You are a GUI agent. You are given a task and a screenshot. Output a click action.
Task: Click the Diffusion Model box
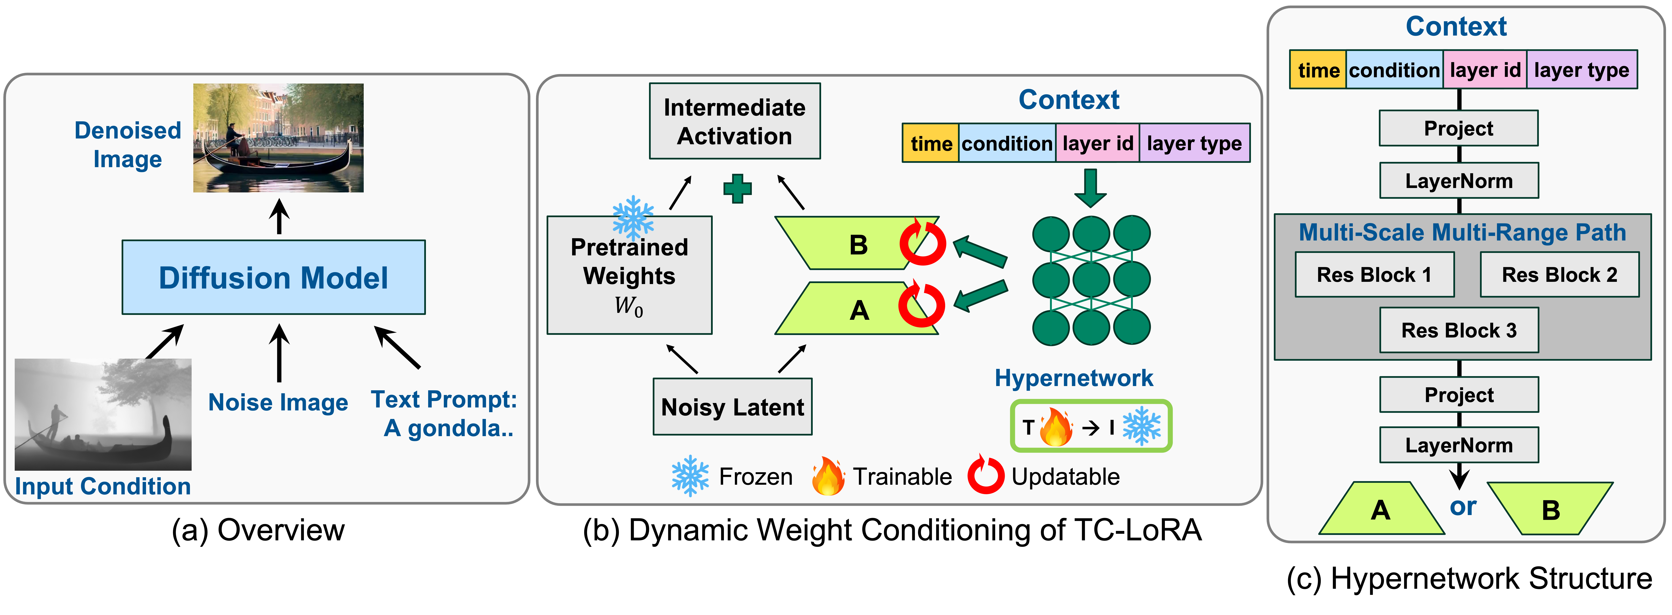click(273, 278)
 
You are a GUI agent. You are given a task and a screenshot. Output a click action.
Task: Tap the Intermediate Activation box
click(735, 121)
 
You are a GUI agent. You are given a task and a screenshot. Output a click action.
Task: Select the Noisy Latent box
click(732, 407)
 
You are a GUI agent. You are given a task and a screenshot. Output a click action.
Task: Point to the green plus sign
click(737, 189)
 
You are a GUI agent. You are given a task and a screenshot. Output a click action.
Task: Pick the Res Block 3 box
click(1458, 330)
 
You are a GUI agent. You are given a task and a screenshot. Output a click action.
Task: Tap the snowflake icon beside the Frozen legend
click(690, 476)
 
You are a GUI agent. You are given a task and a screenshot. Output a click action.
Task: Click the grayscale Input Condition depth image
click(103, 414)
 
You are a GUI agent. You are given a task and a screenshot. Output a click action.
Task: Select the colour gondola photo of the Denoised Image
click(278, 138)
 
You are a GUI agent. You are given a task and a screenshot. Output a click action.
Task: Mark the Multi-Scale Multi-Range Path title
click(1462, 232)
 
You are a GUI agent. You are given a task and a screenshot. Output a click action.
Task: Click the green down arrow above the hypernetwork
click(1090, 188)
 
